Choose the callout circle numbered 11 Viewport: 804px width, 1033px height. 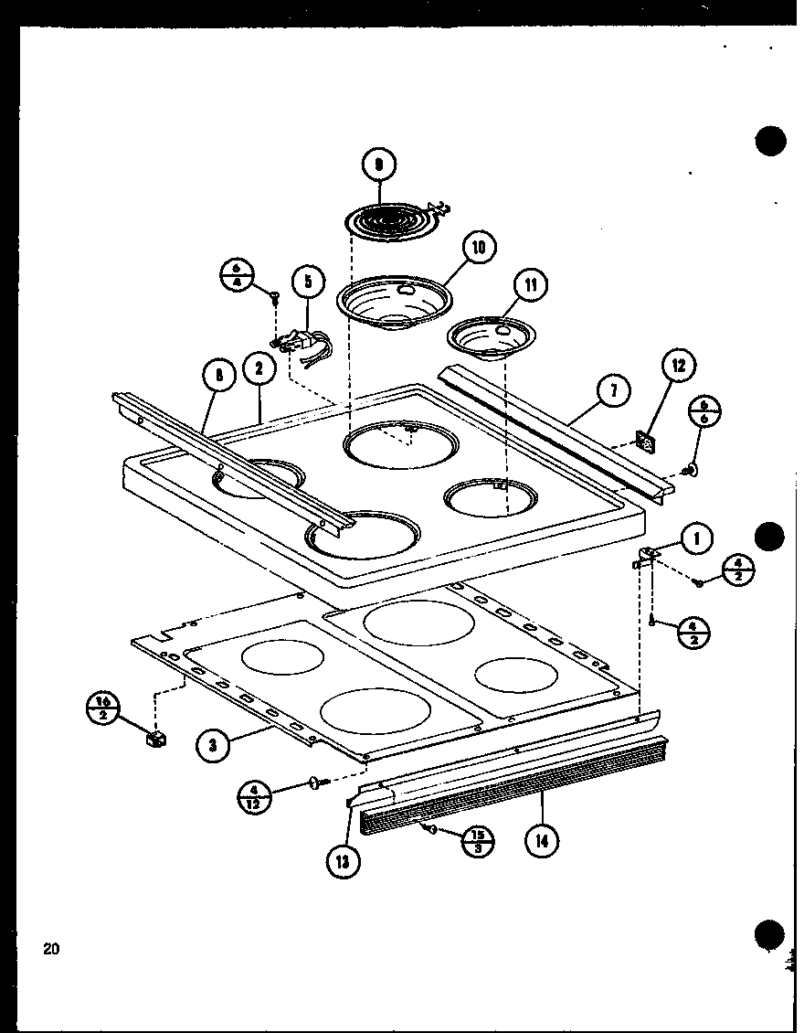tap(531, 285)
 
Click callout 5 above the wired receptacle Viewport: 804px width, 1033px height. tap(308, 282)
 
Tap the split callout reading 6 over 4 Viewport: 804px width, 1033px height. tap(236, 275)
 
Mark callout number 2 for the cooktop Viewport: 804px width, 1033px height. tap(259, 369)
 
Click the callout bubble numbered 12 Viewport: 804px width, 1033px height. tap(677, 367)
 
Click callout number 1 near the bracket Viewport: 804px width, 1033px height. tap(696, 538)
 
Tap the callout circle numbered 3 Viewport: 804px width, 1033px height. tap(212, 745)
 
